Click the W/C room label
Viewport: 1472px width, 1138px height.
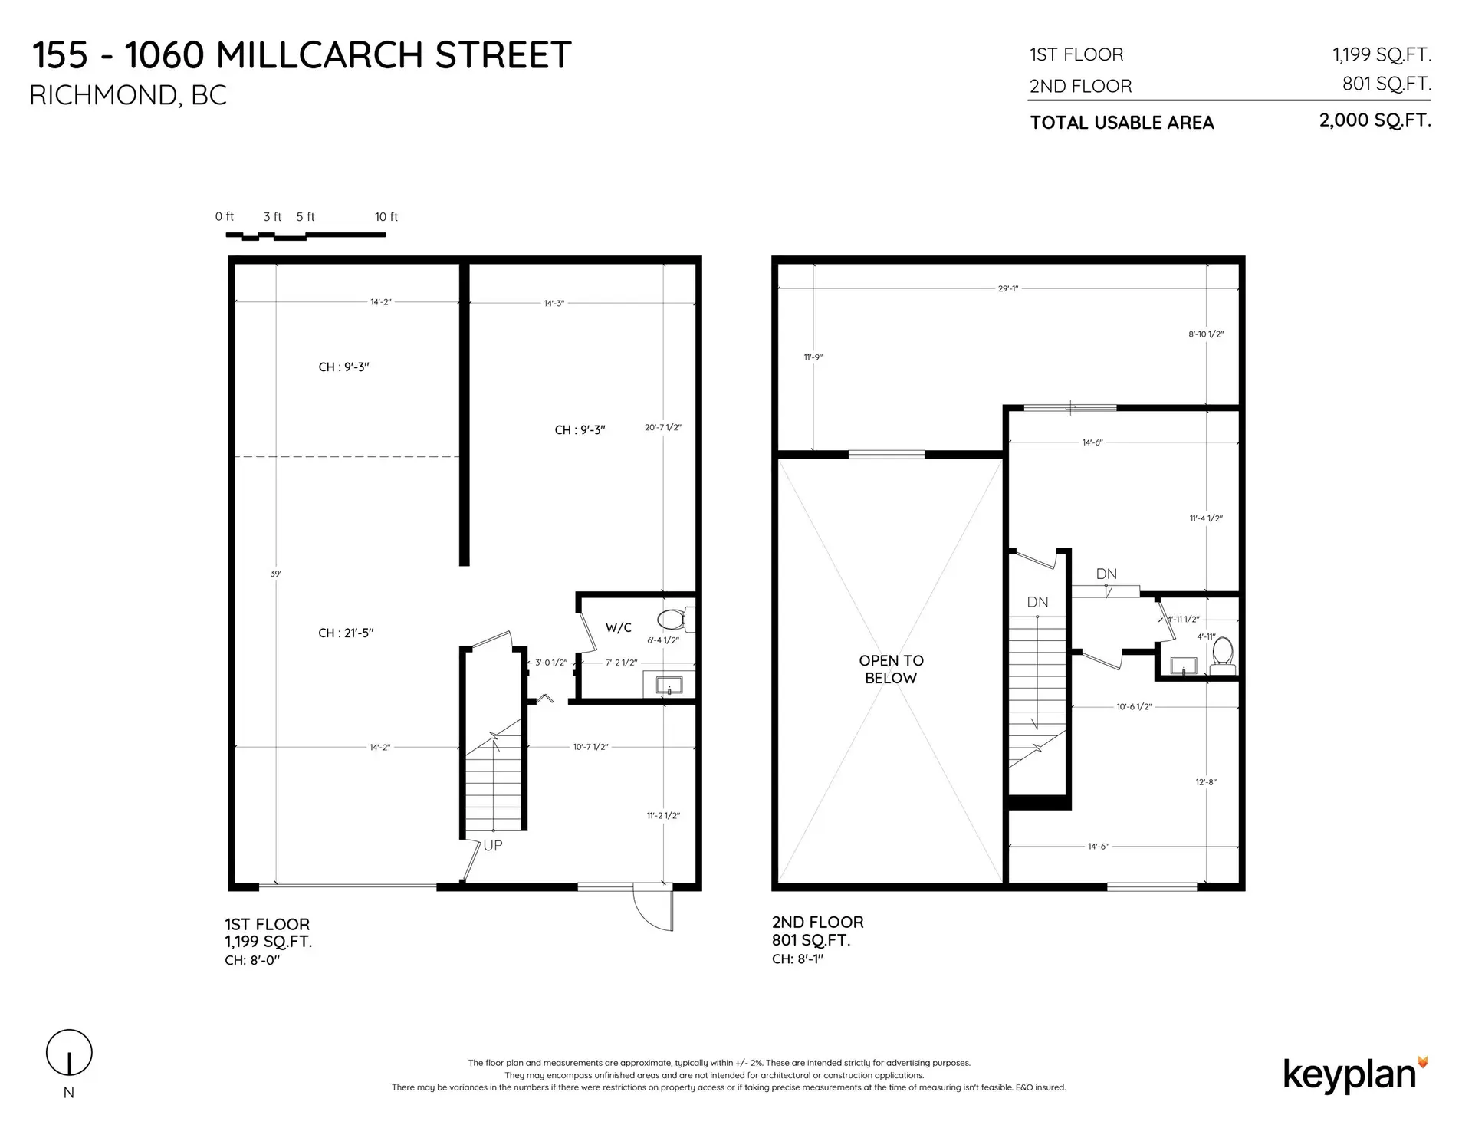point(618,627)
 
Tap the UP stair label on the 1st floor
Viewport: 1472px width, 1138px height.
point(493,845)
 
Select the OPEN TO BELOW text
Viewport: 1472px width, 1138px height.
point(891,669)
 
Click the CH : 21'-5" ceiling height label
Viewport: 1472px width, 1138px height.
point(346,633)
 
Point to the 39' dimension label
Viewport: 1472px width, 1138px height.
point(276,574)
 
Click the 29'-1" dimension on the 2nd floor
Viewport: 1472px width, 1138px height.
point(1007,289)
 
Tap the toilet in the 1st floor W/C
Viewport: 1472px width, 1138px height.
point(672,618)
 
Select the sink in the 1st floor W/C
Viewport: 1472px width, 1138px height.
point(669,684)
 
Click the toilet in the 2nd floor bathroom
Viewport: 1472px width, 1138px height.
point(1223,652)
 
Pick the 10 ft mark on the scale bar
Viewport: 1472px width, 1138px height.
point(386,217)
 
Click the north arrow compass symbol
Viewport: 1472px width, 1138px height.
point(69,1053)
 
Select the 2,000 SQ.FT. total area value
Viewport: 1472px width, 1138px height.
point(1375,120)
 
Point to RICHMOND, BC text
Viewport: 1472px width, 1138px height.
point(128,95)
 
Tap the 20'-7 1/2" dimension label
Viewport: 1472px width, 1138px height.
point(663,427)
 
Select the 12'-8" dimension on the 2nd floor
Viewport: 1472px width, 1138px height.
point(1206,782)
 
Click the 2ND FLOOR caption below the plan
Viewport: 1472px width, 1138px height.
point(817,922)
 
